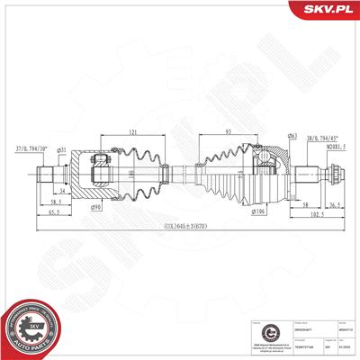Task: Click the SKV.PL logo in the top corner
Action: point(323,9)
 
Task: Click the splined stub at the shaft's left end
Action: point(47,173)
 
